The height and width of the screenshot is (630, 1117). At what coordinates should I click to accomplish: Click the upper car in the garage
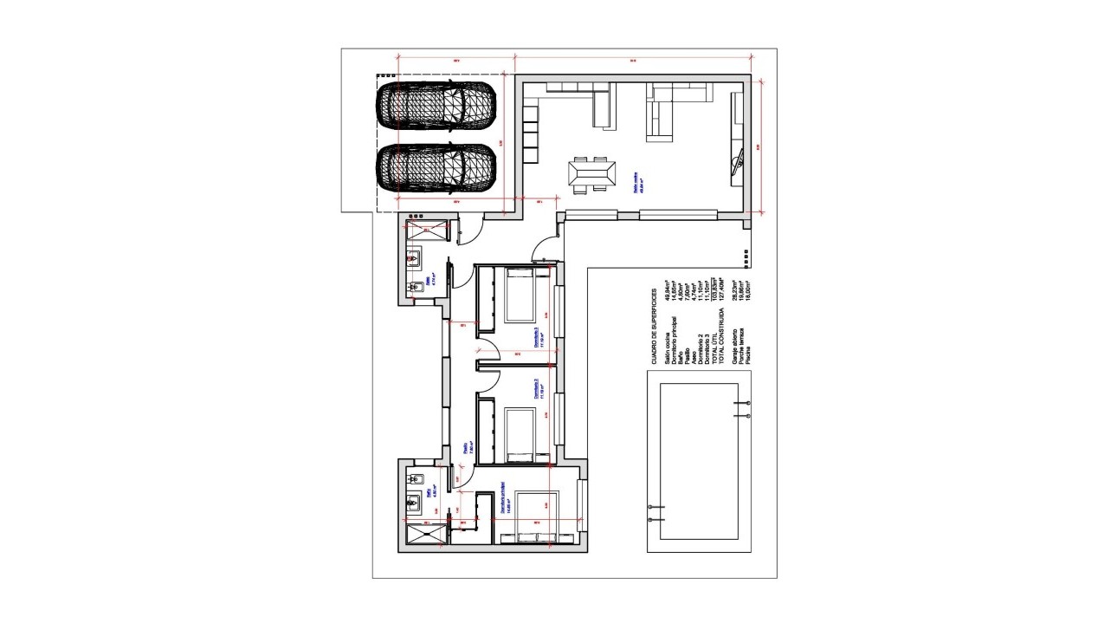point(436,107)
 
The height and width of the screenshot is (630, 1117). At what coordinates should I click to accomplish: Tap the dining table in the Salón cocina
point(592,174)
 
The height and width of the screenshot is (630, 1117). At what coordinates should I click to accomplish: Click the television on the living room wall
point(739,161)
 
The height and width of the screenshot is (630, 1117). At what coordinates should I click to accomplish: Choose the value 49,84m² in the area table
point(668,296)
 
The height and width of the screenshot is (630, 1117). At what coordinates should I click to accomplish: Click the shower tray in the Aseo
point(425,229)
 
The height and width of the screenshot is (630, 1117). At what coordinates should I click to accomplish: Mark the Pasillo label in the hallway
point(466,449)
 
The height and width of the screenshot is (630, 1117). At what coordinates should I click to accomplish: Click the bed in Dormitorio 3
point(522,296)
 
